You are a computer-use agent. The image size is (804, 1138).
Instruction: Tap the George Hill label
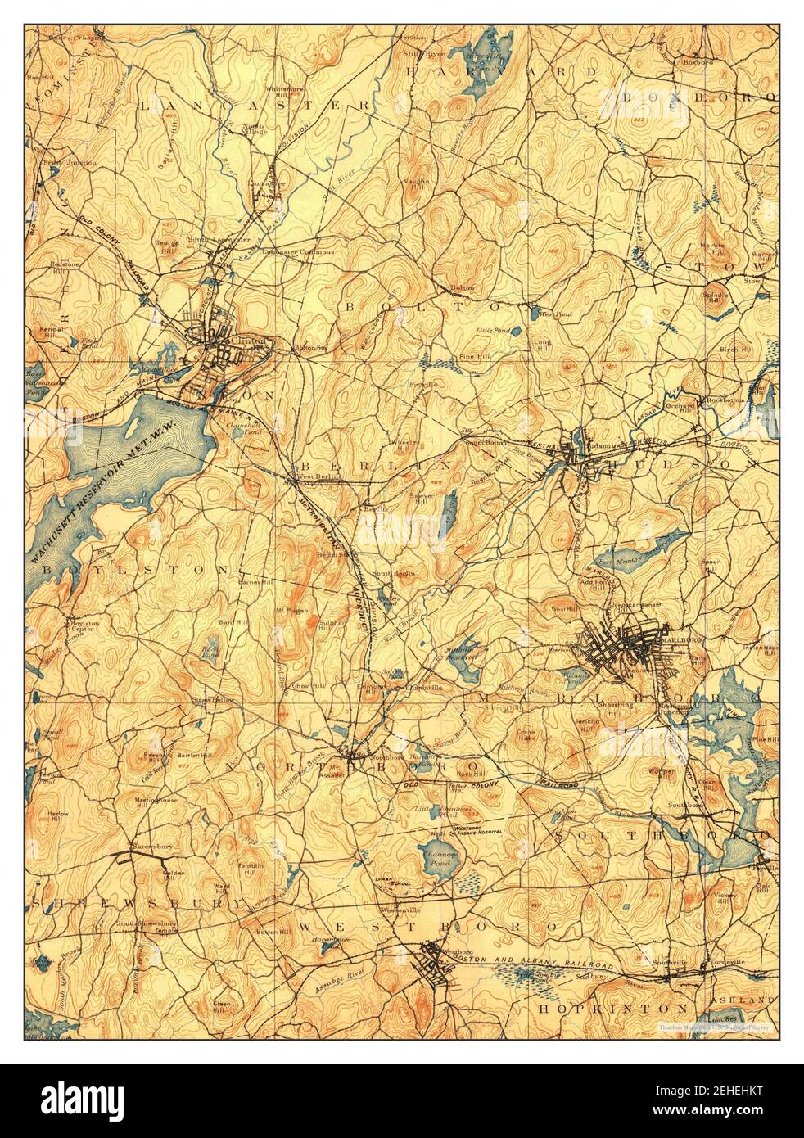tap(167, 246)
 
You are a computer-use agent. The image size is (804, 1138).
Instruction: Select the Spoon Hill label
tap(711, 567)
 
